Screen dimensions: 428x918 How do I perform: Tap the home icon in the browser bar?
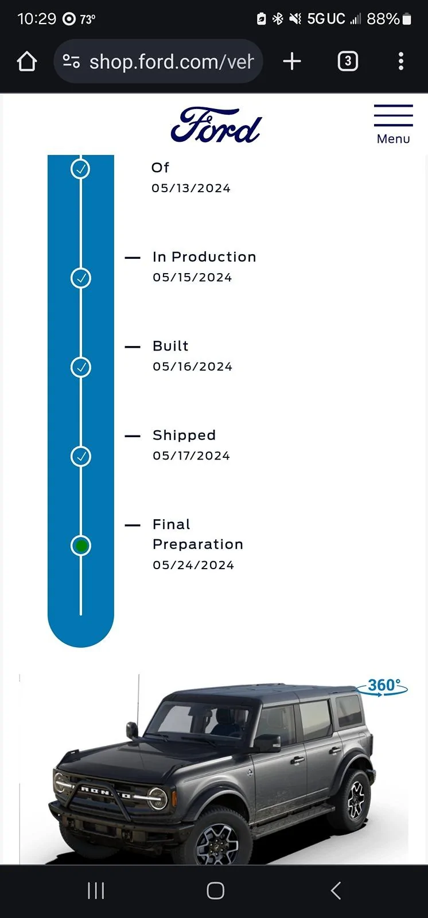pos(27,61)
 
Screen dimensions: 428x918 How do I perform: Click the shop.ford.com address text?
pos(172,62)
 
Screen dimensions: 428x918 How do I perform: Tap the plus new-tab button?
pos(292,61)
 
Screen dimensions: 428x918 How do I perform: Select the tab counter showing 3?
pos(348,61)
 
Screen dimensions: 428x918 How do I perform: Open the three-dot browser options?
pos(401,61)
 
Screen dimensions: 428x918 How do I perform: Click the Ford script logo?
pos(216,125)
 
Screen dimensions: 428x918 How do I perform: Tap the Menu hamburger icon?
pos(393,115)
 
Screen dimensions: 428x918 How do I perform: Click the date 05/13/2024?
pos(191,188)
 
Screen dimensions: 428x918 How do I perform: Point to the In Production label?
pos(204,257)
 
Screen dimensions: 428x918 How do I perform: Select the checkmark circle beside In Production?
pos(81,278)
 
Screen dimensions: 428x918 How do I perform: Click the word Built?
pos(170,346)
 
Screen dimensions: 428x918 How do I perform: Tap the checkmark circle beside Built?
pos(81,367)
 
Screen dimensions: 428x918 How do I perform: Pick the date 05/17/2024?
pos(192,456)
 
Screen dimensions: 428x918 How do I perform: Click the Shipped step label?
pos(184,435)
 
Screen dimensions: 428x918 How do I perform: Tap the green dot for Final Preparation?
pos(81,546)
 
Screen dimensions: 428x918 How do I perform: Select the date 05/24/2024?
pos(193,565)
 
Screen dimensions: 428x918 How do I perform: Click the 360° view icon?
pos(382,686)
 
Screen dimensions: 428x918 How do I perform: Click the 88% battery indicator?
pos(388,19)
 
